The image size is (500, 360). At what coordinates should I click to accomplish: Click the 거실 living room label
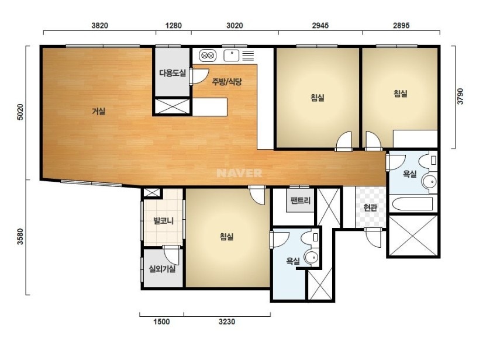98,111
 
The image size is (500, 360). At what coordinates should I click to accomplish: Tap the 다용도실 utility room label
172,73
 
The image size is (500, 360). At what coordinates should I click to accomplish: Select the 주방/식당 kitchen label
227,82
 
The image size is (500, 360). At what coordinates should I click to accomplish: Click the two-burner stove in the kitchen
208,56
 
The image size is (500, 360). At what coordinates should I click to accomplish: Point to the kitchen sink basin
232,56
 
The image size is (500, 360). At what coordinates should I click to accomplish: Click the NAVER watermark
239,173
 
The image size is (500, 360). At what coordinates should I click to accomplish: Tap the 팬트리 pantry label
301,200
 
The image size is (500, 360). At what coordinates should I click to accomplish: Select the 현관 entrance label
370,207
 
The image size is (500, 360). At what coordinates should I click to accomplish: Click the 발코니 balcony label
163,220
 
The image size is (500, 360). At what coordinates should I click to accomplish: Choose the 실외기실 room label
163,269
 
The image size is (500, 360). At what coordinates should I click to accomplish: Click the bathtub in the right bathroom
412,203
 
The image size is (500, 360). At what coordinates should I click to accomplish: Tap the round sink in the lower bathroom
311,257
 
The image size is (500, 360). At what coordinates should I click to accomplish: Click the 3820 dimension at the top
100,26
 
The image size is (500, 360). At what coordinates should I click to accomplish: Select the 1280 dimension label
174,26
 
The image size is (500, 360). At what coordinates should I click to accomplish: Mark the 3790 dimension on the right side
460,96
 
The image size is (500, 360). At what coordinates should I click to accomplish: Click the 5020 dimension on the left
20,112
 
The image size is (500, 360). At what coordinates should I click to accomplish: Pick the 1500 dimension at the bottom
161,322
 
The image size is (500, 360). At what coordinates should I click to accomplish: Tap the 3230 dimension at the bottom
227,322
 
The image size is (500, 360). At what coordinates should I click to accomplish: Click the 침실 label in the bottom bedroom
227,236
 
